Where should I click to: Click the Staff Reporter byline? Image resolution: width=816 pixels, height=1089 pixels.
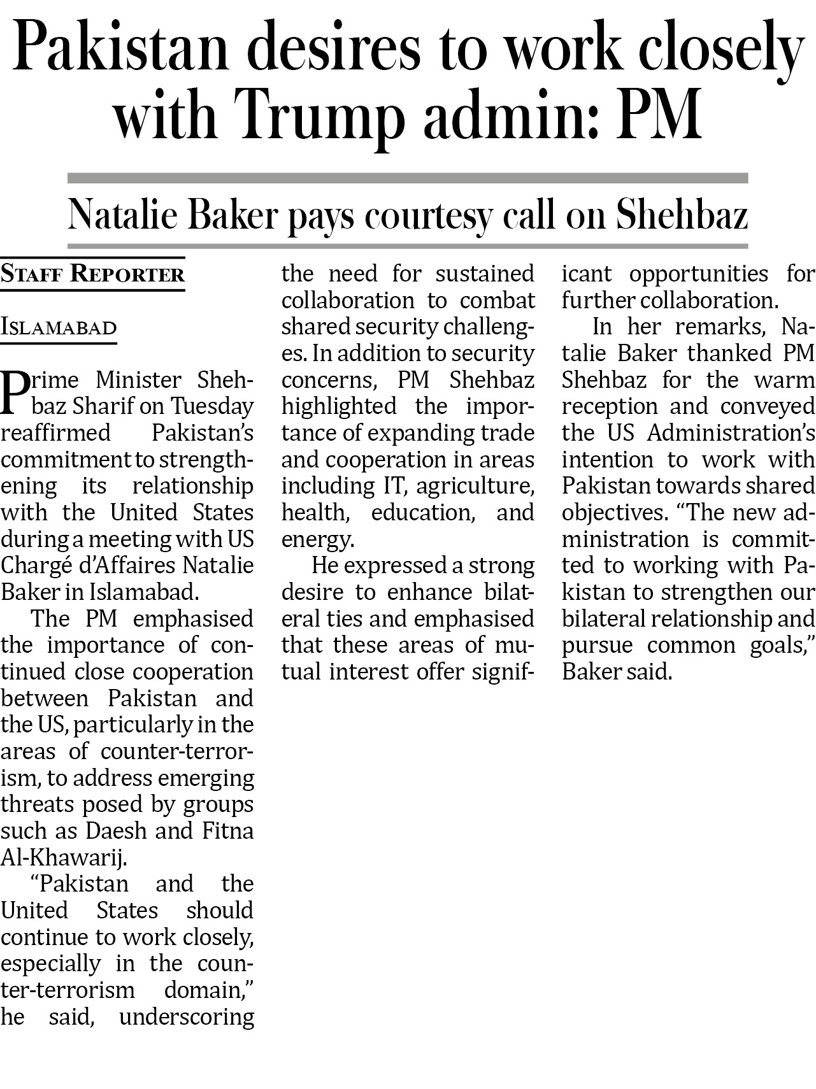coord(92,274)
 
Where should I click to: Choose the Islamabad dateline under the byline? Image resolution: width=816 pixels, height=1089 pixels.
coord(59,327)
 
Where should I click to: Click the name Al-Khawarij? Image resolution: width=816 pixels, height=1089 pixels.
coord(63,858)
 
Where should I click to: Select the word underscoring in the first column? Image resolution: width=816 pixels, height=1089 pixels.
coord(186,1017)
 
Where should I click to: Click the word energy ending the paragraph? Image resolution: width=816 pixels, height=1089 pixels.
coord(317,540)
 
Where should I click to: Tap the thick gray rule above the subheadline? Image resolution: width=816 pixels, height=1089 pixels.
coord(408,178)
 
